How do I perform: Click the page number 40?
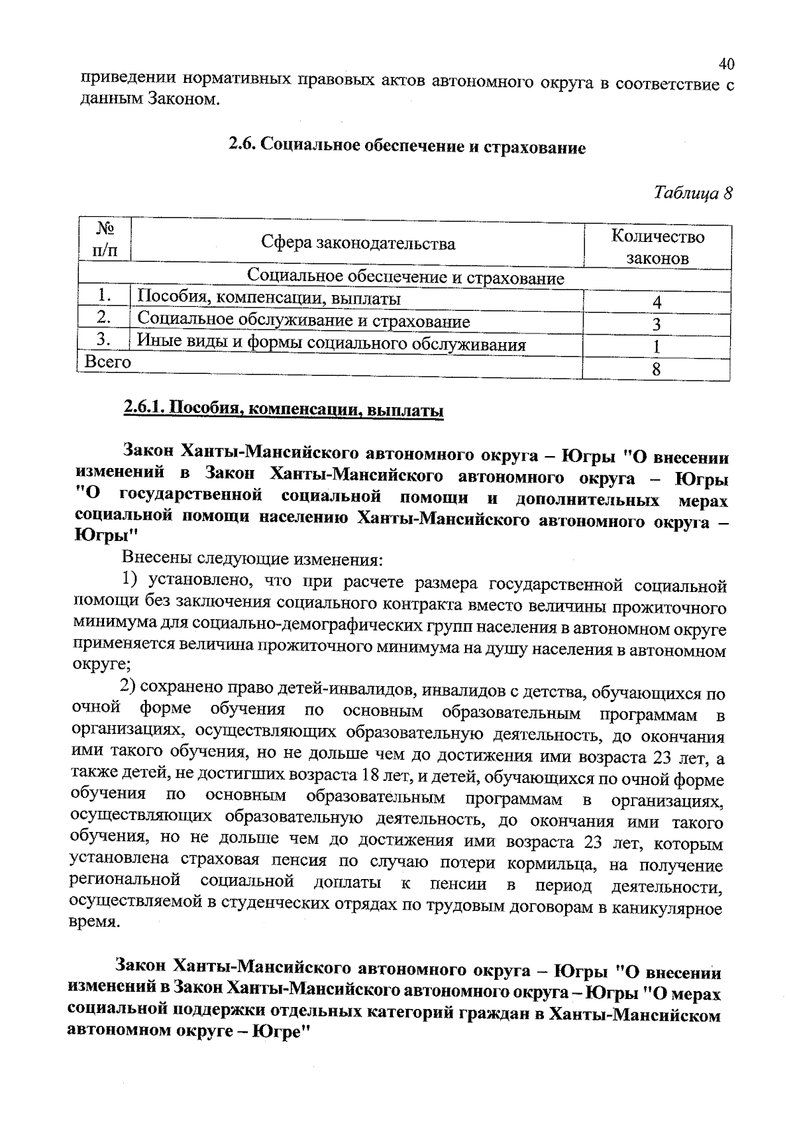point(726,64)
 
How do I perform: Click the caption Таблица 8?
point(693,193)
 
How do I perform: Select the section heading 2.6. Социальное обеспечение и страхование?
point(407,146)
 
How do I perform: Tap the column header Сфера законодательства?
point(358,243)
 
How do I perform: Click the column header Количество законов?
point(657,247)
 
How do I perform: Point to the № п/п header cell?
point(105,240)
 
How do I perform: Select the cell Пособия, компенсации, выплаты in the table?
point(268,298)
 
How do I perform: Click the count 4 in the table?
point(657,302)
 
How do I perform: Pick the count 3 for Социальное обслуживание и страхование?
point(657,324)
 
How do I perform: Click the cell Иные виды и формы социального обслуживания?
point(331,344)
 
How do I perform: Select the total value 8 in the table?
point(657,369)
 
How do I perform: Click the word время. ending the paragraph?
point(95,922)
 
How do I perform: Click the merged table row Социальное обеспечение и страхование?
point(405,277)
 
